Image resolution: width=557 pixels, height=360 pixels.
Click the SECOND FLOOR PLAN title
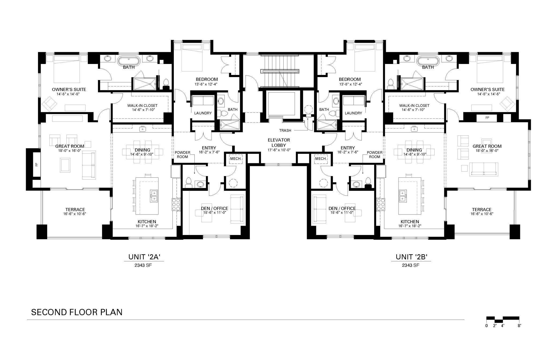tap(77, 312)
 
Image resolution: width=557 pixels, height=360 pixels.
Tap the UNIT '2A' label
tap(144, 257)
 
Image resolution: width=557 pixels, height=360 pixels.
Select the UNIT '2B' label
tap(411, 257)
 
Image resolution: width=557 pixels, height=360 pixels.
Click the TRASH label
tap(285, 130)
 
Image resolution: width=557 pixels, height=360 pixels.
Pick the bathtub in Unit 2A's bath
tap(129, 60)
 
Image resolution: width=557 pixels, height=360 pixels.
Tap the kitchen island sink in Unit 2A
tap(154, 196)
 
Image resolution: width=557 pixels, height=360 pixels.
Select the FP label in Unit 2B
tap(487, 118)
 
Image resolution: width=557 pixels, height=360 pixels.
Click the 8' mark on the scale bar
tap(519, 326)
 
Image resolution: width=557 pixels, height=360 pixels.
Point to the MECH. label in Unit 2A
tap(236, 159)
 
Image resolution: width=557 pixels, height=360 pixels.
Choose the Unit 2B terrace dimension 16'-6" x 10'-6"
tap(482, 214)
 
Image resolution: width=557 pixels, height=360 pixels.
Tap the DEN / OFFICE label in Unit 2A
tap(214, 208)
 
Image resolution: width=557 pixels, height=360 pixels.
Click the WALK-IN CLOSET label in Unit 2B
tap(414, 105)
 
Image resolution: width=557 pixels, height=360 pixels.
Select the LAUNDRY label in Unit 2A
tap(203, 113)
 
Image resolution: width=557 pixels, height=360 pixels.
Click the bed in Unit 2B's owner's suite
tap(490, 69)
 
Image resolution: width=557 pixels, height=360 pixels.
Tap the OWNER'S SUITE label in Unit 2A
tap(69, 89)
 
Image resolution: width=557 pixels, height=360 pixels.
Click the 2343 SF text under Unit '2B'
tap(411, 265)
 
